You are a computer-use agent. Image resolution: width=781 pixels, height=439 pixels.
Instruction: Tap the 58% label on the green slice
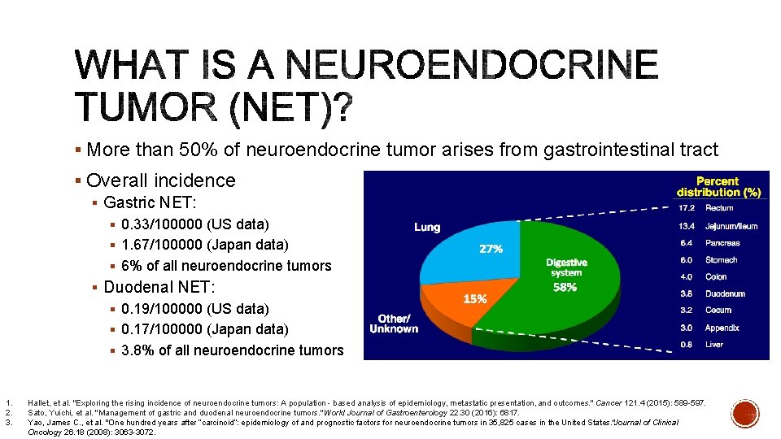tap(565, 287)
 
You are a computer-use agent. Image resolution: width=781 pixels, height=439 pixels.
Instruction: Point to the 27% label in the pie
tap(491, 250)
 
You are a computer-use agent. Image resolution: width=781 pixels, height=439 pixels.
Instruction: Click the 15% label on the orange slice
tap(475, 298)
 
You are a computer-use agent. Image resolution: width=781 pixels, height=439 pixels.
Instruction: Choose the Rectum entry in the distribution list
tap(719, 208)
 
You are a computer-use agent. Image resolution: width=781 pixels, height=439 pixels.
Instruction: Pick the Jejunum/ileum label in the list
tap(731, 226)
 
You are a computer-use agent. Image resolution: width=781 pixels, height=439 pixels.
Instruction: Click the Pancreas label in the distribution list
tap(722, 242)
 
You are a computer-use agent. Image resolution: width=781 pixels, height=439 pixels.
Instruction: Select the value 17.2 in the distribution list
tap(687, 208)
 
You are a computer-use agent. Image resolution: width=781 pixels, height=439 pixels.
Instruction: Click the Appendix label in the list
tap(722, 328)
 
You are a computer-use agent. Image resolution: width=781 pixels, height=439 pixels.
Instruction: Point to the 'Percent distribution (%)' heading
tap(718, 187)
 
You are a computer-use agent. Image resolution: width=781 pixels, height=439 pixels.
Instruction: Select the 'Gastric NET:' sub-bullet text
tap(151, 202)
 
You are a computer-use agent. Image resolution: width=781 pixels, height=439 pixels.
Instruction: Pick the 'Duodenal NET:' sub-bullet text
tap(159, 287)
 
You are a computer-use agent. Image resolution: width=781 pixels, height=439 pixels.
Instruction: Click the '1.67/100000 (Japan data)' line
tap(204, 245)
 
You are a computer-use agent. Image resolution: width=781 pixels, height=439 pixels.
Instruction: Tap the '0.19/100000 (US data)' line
tap(194, 309)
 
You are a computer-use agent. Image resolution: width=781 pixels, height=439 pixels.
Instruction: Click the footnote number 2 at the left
tap(7, 413)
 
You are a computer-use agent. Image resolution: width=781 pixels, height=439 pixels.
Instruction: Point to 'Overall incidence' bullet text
tap(160, 180)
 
